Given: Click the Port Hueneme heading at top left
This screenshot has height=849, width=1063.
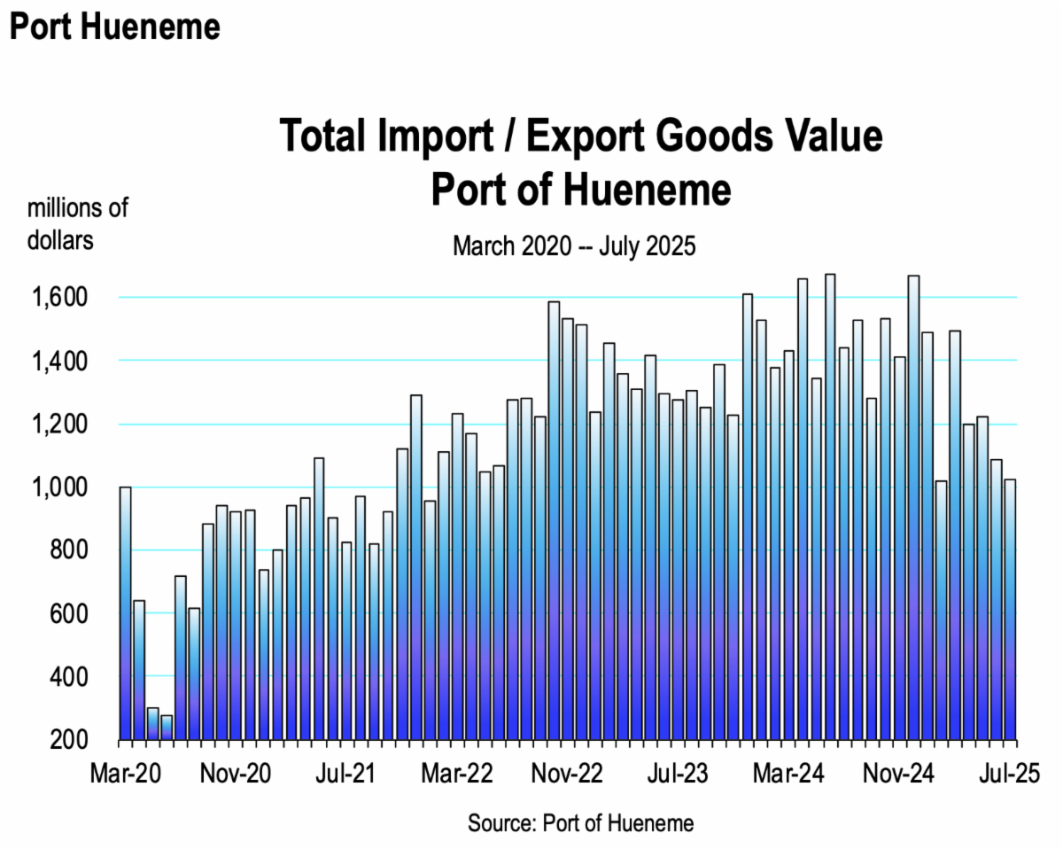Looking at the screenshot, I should [x=114, y=27].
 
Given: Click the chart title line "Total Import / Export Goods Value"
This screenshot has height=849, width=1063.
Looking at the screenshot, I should [x=581, y=136].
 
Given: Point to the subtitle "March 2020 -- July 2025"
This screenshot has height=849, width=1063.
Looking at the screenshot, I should [x=574, y=246].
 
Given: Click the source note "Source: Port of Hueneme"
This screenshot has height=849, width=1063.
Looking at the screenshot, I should [x=580, y=823].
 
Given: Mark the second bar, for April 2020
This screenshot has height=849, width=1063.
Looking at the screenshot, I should [x=139, y=670].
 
